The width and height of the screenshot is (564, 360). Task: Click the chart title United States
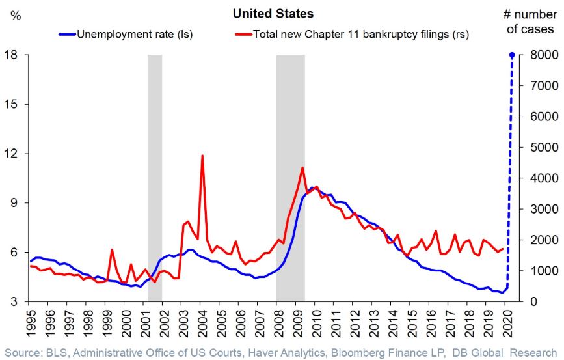coord(282,13)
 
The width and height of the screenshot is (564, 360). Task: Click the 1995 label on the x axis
coord(29,319)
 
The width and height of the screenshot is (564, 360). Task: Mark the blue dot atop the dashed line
coord(512,55)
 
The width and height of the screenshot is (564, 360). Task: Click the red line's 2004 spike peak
coord(203,156)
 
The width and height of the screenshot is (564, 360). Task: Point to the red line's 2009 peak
coord(302,168)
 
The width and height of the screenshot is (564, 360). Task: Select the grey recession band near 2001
coord(155,176)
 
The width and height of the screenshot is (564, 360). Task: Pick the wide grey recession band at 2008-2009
coord(290,176)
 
